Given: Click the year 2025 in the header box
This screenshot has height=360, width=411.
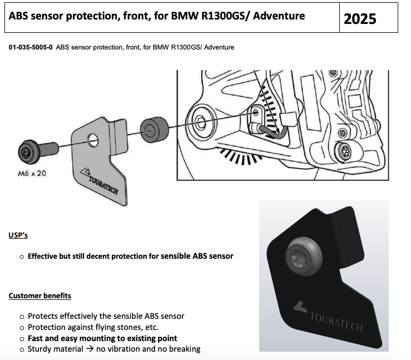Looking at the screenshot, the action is coord(360,19).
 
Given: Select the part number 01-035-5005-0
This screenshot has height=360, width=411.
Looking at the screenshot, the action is coord(31,47).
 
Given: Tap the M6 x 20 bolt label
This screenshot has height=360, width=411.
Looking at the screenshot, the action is coord(32,173).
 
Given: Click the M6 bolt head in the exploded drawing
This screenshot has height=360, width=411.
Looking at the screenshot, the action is coord(28,151).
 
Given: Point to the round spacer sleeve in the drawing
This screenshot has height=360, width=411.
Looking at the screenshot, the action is coord(155,130).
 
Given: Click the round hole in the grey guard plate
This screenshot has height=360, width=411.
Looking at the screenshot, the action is coord(93,140).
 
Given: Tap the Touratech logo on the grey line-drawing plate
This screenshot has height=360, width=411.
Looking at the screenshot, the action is coord(100,181).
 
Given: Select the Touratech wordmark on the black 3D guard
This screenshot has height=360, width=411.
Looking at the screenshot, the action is coord(336,322).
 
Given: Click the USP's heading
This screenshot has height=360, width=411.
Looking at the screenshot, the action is coord(18,235).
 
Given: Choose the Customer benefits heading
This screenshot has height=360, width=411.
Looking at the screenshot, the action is coord(40,295).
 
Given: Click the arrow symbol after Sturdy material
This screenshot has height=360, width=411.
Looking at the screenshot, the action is coord(90,349).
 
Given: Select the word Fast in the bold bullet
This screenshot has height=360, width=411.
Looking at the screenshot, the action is coord(35,338).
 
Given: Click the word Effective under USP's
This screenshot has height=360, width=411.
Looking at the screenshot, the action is coord(42,256).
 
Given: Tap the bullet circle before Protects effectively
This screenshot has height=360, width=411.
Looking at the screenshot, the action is coord(22,317).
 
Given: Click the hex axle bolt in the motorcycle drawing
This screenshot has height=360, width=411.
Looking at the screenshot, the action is coord(201,121).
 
